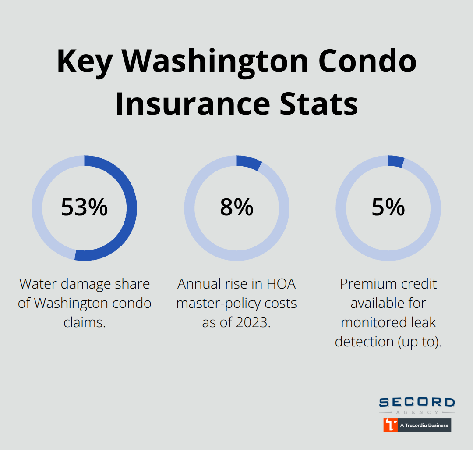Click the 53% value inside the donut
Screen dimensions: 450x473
click(84, 207)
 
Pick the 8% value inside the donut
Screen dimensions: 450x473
click(236, 207)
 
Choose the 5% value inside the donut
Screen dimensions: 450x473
click(388, 207)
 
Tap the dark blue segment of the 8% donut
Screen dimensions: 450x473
click(249, 163)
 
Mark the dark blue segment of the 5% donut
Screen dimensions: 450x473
click(396, 161)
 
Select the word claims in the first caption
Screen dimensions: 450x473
click(85, 322)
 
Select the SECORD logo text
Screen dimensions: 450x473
click(417, 403)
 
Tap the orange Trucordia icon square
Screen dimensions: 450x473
click(390, 425)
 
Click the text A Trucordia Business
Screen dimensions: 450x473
click(424, 425)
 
